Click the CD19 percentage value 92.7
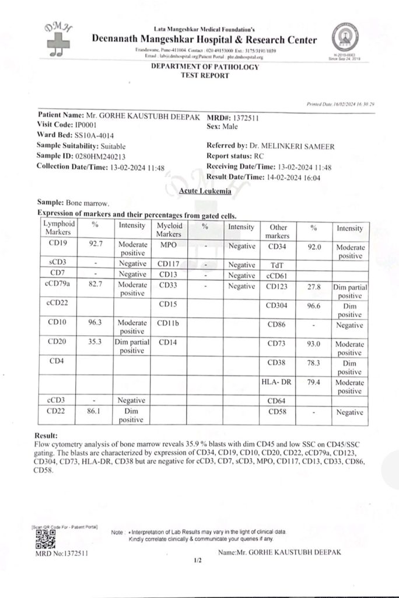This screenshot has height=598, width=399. pyautogui.click(x=96, y=245)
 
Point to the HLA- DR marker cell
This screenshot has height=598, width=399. pyautogui.click(x=276, y=382)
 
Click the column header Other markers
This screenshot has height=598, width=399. pyautogui.click(x=276, y=231)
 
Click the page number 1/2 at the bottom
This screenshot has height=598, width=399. pyautogui.click(x=197, y=562)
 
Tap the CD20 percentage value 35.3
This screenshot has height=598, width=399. pyautogui.click(x=96, y=343)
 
